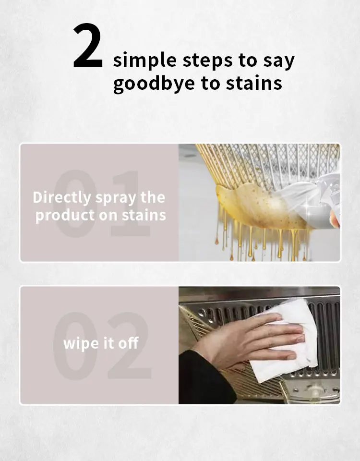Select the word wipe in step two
(79, 344)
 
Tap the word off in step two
(128, 343)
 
